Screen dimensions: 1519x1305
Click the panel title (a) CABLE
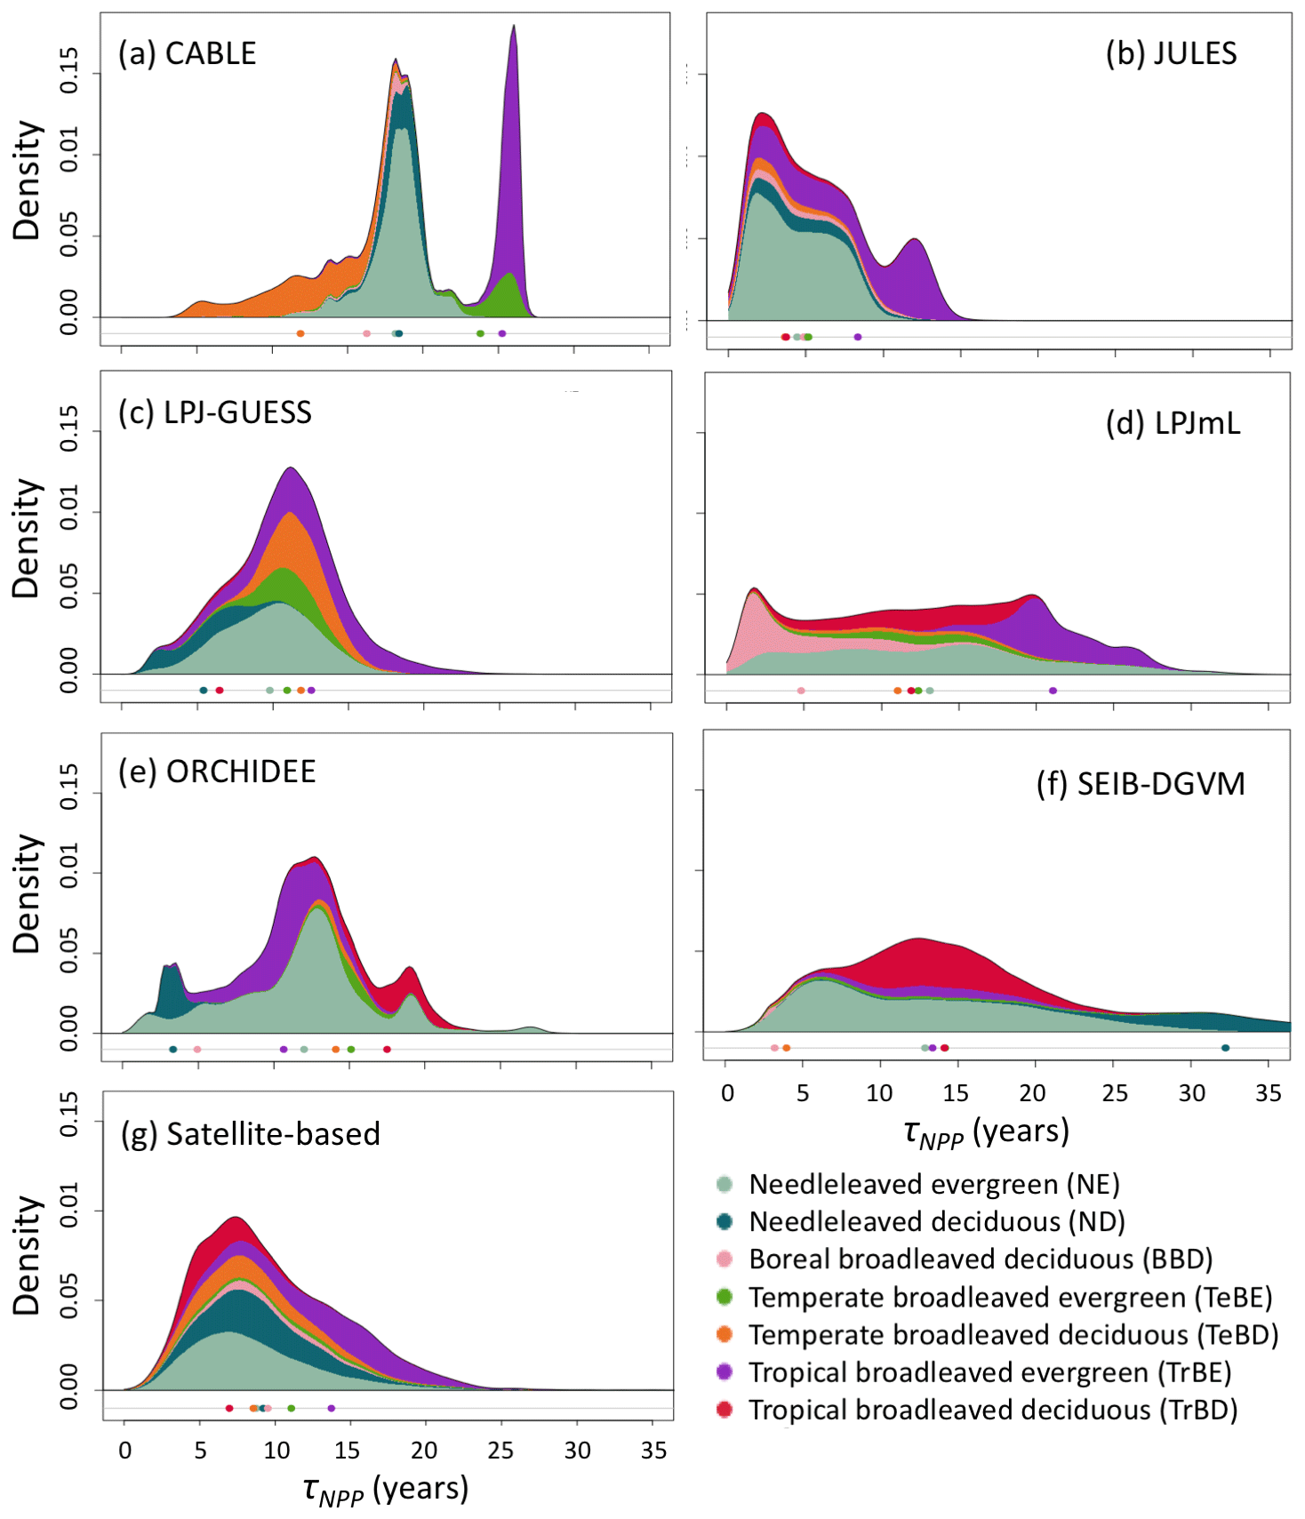point(187,54)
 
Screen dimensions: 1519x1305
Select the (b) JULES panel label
point(1171,54)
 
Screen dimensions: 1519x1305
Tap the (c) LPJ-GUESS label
point(215,413)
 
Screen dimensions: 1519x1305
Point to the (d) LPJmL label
point(1173,424)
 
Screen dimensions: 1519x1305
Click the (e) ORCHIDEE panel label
point(217,771)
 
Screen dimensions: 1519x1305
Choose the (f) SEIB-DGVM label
point(1141,784)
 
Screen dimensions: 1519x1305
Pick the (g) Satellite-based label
point(250,1134)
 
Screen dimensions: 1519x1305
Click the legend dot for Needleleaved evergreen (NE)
point(725,1184)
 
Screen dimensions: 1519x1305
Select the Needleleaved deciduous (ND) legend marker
point(725,1221)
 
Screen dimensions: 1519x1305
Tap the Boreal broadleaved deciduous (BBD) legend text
point(981,1259)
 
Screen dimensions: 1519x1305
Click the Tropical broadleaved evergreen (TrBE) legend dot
point(725,1372)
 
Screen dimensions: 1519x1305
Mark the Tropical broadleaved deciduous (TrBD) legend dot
point(725,1410)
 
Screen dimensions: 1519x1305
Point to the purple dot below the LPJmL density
point(1053,691)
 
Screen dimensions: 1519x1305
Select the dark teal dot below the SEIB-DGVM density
point(1225,1048)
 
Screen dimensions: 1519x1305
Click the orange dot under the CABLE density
point(300,333)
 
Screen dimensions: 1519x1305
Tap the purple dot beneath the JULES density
point(857,337)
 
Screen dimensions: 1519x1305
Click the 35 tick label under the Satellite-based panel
point(653,1451)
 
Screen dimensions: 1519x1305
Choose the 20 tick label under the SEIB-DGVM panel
point(1032,1093)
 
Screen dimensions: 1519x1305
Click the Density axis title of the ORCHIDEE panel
point(27,893)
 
